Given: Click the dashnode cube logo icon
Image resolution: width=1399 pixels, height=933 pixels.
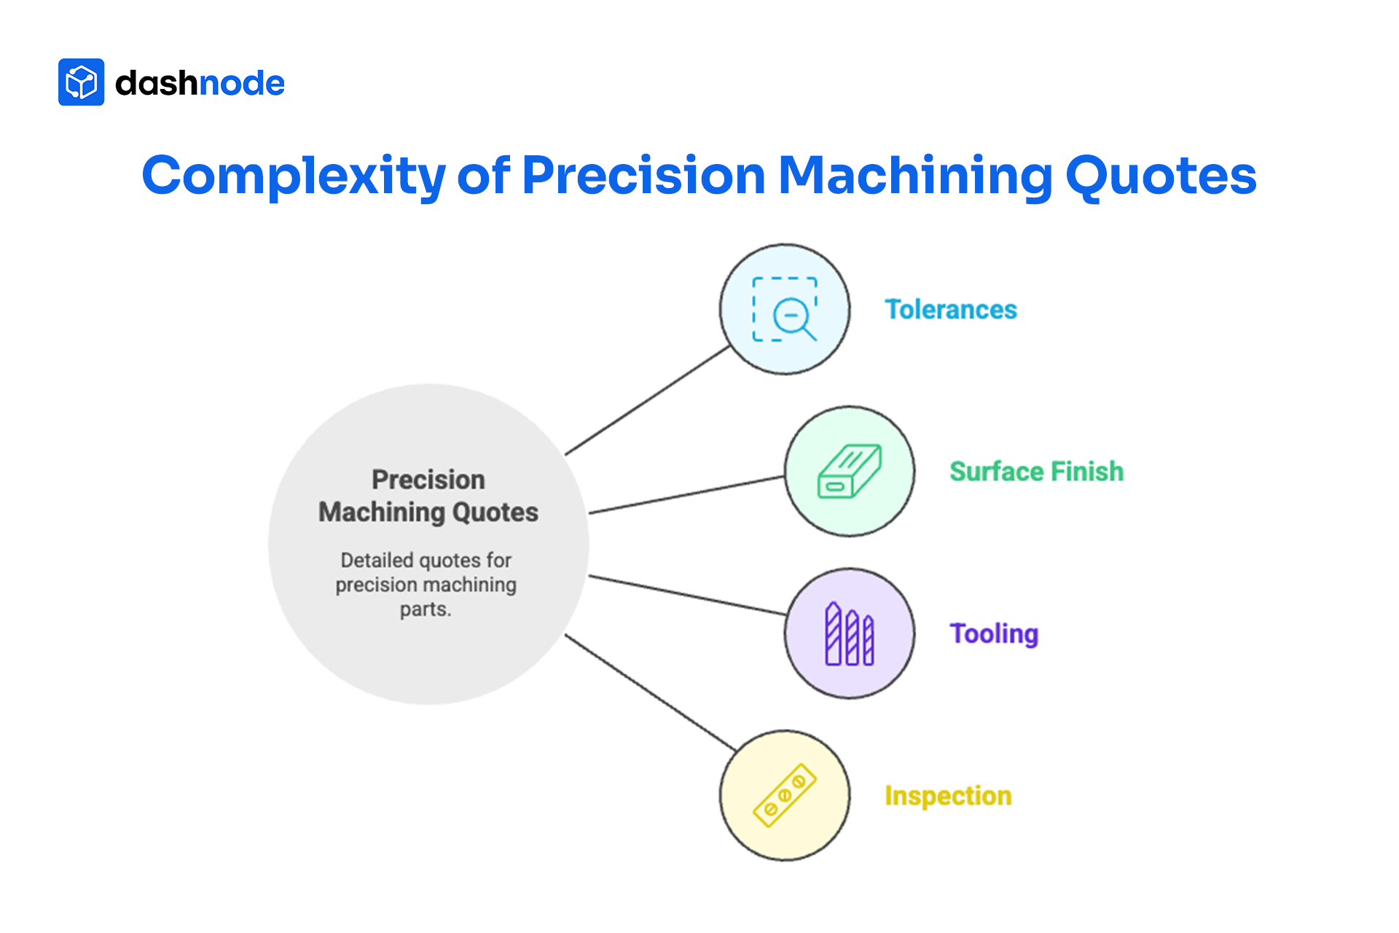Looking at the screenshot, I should (81, 82).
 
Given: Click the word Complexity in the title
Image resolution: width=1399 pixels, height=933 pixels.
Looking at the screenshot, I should (293, 176).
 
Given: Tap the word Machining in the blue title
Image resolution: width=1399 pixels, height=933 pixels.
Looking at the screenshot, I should (915, 176).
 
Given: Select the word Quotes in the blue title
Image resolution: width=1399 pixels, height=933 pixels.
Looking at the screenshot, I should (1161, 176).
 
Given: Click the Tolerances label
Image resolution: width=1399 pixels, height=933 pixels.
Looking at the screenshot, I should (950, 310).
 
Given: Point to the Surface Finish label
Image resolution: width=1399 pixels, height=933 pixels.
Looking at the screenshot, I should (1036, 472).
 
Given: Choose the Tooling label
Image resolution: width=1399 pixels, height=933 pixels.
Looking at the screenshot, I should (994, 633).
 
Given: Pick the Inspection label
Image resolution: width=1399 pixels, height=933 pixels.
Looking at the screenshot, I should (948, 796).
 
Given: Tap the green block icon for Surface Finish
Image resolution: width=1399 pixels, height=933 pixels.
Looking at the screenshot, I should (850, 472).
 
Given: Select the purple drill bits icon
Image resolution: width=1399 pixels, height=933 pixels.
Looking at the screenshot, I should (850, 633).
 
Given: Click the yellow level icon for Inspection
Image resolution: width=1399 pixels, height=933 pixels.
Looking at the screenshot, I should (785, 796).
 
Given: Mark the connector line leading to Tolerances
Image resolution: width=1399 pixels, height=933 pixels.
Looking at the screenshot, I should (647, 401).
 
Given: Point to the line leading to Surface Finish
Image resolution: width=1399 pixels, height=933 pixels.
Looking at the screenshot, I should (686, 495).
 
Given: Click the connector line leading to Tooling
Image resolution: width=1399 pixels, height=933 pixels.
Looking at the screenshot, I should (686, 595).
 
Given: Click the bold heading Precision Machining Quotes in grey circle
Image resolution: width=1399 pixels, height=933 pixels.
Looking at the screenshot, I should (428, 496).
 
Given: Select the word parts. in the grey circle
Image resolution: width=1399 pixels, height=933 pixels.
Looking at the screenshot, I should (426, 609).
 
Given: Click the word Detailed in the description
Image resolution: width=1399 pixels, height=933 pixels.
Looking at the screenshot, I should (377, 561).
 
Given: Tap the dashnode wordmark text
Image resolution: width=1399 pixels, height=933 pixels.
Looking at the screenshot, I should (200, 83).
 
